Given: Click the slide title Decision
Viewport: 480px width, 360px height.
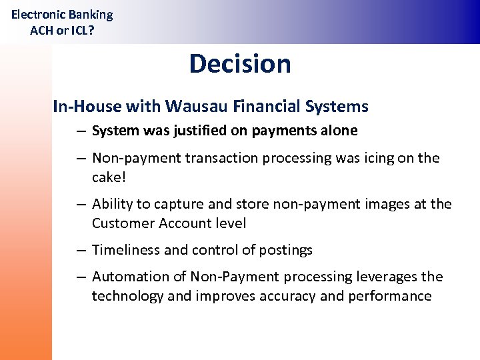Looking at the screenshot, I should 240,64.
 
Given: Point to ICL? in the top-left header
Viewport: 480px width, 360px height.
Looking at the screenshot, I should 80,30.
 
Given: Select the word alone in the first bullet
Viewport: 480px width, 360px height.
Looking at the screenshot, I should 339,131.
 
